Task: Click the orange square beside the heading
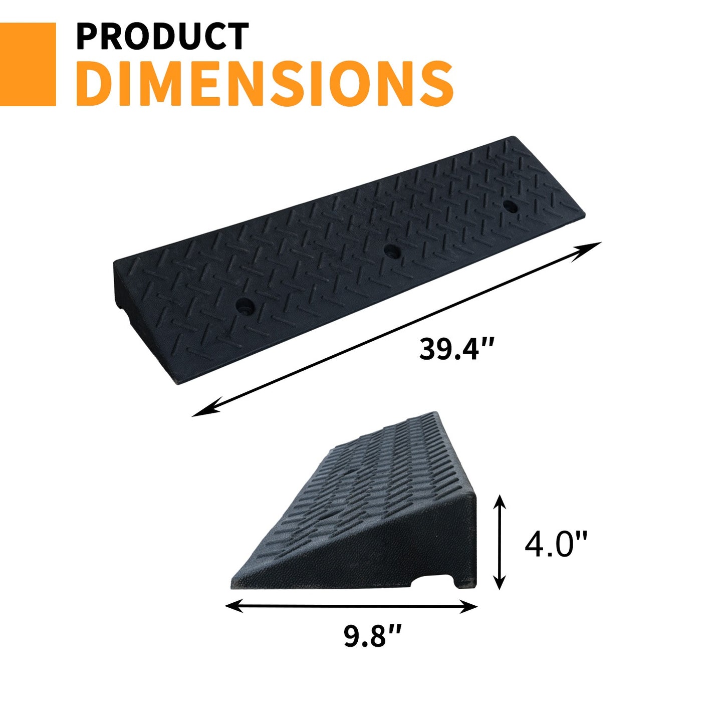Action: coord(28,64)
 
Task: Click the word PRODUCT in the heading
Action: coord(162,36)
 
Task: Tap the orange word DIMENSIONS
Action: coord(265,83)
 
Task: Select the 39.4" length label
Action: coord(456,349)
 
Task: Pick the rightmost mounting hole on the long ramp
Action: coord(510,205)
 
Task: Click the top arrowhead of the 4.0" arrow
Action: coord(500,502)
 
